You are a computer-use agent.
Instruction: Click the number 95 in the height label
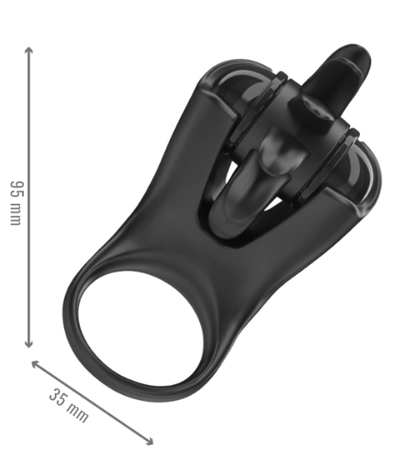[16, 188]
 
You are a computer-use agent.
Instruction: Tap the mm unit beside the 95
[16, 214]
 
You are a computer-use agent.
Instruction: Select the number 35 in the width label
[57, 398]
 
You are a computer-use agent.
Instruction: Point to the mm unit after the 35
[77, 412]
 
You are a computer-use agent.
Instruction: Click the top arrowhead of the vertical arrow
[29, 51]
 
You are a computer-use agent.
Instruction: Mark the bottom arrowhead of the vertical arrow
[29, 344]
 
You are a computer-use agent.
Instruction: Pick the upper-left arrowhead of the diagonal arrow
[35, 364]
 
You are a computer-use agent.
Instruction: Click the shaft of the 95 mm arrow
[29, 197]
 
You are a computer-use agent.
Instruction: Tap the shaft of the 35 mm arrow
[92, 403]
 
